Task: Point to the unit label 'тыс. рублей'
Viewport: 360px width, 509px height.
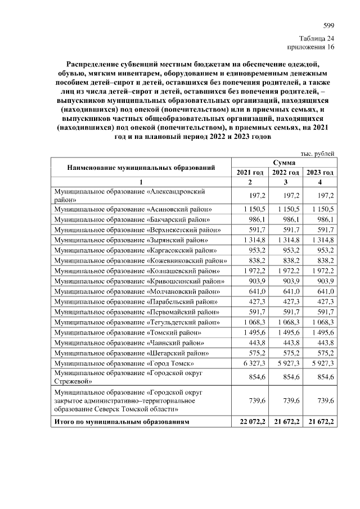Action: (319, 153)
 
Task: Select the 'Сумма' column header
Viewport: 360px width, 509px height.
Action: (286, 162)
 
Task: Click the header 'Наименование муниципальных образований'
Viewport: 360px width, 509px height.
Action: (141, 168)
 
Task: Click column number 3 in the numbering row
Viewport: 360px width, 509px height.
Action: (286, 182)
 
